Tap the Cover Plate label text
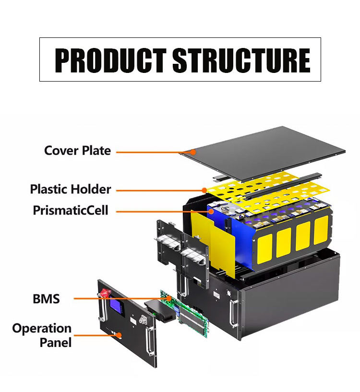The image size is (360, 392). coord(77,151)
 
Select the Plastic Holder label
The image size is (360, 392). coord(70,189)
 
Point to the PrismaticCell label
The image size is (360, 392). coord(71,210)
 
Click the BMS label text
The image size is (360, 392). coord(46,299)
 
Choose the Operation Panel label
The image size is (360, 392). coord(42,335)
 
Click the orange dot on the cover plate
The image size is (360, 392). coord(193,152)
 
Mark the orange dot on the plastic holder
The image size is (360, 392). coord(205,190)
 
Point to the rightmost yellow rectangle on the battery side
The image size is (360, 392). coord(322,229)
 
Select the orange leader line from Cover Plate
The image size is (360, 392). coord(154,152)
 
